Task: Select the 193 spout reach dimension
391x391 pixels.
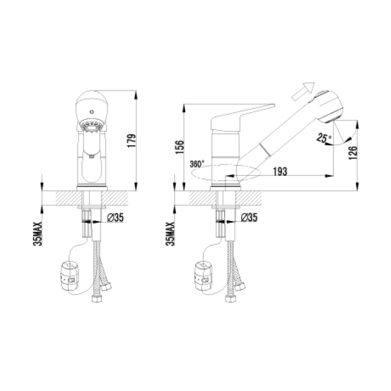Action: tap(280, 171)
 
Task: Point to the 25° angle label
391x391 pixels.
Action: tap(324, 138)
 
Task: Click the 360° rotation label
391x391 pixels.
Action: tap(197, 164)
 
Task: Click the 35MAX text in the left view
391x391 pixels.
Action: tap(38, 233)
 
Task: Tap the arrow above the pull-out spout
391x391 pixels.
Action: tap(304, 90)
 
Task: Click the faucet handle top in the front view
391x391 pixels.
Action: tap(90, 104)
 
